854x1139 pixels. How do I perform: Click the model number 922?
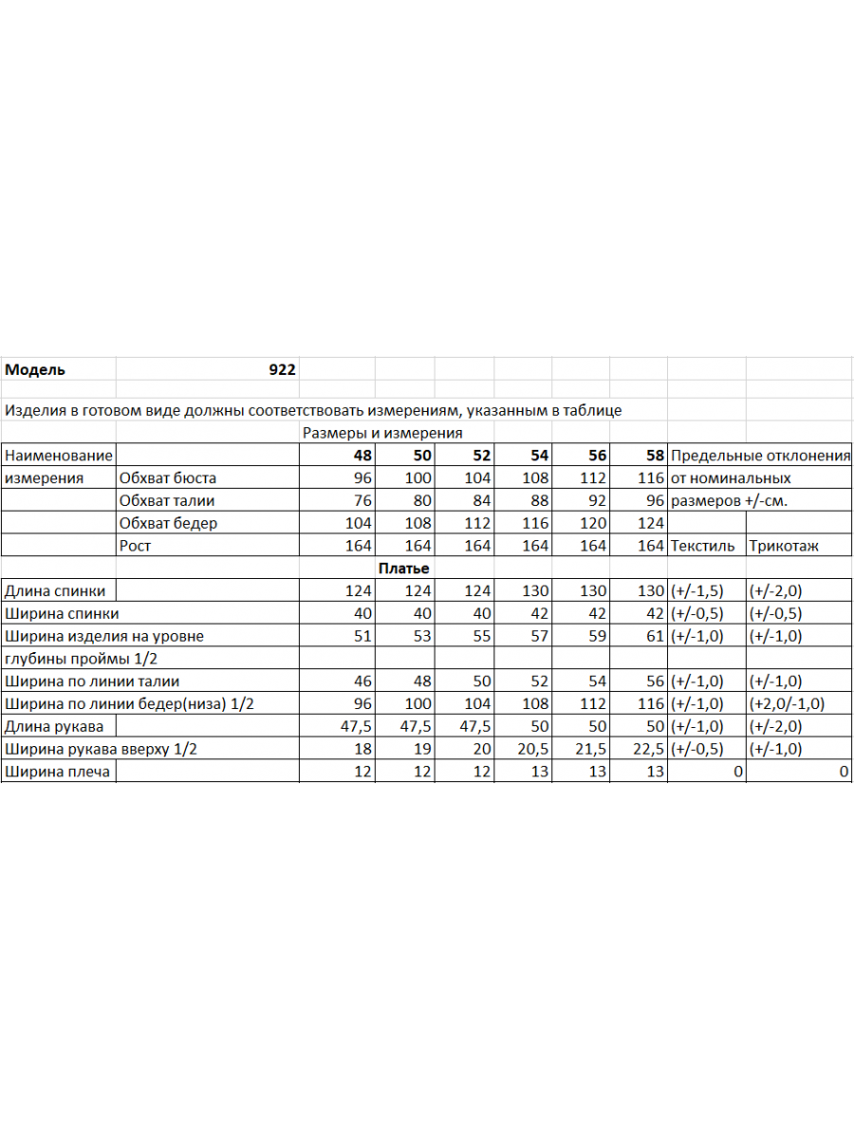point(282,370)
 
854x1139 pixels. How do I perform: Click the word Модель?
point(35,370)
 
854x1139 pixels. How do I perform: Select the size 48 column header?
point(362,456)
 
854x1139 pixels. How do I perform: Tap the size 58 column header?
point(655,456)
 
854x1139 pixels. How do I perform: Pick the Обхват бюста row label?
point(168,478)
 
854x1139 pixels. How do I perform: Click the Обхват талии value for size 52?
point(477,501)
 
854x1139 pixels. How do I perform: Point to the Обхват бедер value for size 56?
point(593,524)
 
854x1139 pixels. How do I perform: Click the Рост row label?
point(135,547)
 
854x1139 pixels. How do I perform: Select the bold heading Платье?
point(404,569)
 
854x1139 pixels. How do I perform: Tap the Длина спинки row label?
point(55,591)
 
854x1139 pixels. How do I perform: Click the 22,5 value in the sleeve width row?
point(649,750)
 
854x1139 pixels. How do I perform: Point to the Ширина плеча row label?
point(57,773)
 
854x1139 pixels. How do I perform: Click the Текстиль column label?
point(702,547)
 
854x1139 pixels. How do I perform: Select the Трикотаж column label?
point(784,547)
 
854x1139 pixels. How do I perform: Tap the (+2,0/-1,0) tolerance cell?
point(788,704)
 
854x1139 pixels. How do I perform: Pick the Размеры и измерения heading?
point(381,433)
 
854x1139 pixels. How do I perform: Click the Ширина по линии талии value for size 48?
point(362,682)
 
